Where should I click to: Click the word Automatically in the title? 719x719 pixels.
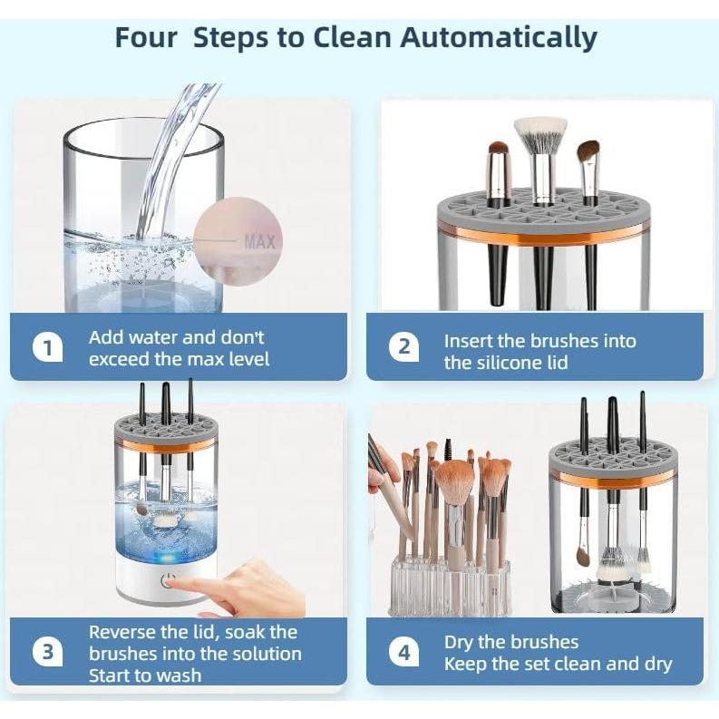(x=499, y=38)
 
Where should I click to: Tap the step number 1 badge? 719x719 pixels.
(x=48, y=348)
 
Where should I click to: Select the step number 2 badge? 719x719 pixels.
(x=403, y=347)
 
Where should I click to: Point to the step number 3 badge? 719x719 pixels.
(x=48, y=652)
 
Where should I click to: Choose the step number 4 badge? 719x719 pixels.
(x=403, y=652)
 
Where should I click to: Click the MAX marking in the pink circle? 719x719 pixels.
(x=260, y=241)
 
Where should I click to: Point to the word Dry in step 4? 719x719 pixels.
(x=459, y=643)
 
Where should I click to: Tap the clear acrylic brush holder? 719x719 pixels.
(x=449, y=586)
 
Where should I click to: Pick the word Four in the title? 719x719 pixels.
(x=146, y=37)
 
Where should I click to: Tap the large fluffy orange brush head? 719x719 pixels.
(x=453, y=482)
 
